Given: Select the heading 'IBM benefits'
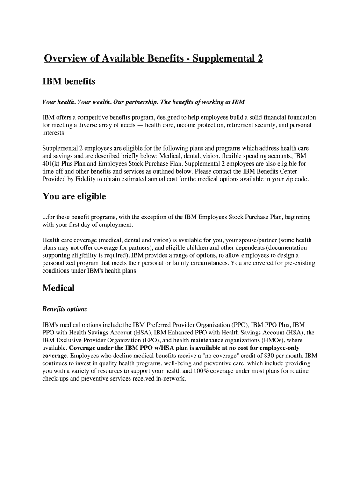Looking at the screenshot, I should (x=69, y=82).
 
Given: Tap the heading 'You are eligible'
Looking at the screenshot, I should (x=74, y=196).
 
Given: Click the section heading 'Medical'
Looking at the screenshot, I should (x=58, y=288).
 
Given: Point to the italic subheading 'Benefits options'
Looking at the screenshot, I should (x=65, y=309).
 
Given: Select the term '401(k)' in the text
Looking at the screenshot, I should (x=52, y=164).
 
